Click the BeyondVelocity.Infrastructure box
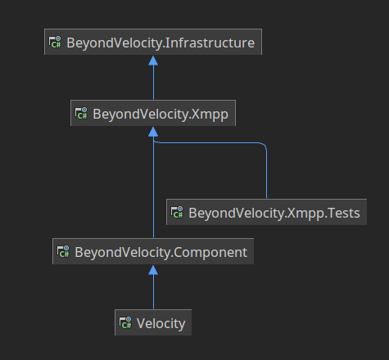pos(153,42)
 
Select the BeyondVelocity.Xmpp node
pos(153,113)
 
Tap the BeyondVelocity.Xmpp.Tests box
pos(266,212)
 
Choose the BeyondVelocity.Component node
pos(153,251)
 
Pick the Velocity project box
pos(153,322)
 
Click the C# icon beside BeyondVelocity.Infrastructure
pos(55,42)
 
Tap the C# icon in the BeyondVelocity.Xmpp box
pos(81,113)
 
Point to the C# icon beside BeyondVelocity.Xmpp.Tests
pos(177,212)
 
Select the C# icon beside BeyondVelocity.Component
pos(63,251)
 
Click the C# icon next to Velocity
pos(125,322)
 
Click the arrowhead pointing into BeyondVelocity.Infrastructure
pos(153,61)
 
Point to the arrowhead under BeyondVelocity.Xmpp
pos(153,132)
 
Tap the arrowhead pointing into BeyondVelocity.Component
pos(153,270)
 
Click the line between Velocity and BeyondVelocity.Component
pos(153,292)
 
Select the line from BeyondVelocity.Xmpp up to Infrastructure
pos(153,83)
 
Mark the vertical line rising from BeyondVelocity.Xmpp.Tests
pos(266,174)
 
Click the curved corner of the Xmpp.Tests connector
pos(264,145)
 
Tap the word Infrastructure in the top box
pos(210,43)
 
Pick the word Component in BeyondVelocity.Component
pos(210,253)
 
